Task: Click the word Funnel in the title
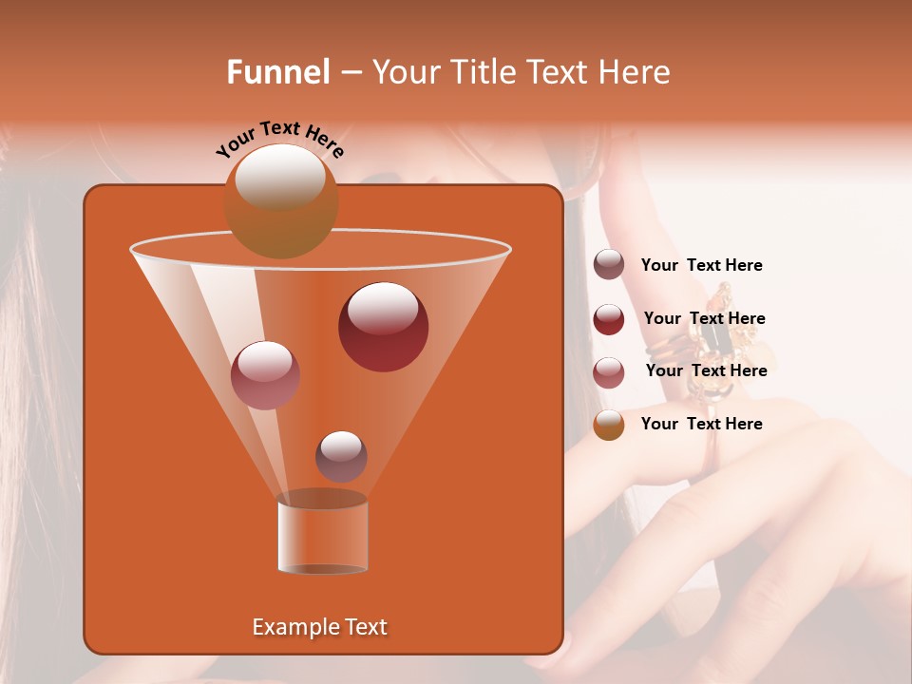277,72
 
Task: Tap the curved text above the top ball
279,139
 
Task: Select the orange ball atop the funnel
280,201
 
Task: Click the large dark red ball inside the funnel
383,327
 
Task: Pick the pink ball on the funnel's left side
265,375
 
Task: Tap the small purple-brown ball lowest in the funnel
341,456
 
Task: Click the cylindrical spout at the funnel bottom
322,537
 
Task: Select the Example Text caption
319,627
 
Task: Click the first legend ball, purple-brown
609,265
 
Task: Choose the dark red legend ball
609,319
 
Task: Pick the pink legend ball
609,372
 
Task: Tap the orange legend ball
609,425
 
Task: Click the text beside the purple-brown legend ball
701,266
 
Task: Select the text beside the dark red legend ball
704,319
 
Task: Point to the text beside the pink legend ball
706,371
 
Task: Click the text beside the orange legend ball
701,424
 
